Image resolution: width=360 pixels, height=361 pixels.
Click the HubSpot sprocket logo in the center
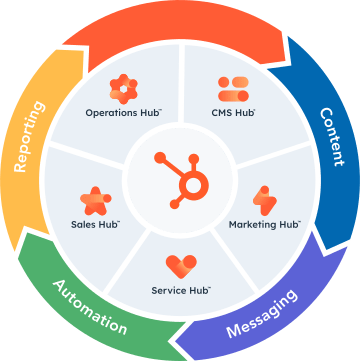pos(182,181)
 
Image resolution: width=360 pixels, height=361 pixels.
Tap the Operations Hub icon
pos(124,87)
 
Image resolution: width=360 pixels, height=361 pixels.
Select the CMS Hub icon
pos(234,89)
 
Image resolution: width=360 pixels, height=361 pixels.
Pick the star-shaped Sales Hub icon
pos(96,201)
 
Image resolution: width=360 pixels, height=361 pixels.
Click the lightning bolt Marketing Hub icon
pos(265,200)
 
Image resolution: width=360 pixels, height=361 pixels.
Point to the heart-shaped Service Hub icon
pos(181,267)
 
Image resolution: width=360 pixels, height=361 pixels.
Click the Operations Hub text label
pos(124,113)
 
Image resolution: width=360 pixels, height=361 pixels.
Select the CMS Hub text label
pos(233,113)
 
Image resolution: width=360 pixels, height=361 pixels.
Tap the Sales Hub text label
pos(95,224)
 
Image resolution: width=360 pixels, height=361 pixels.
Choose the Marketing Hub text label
pos(265,224)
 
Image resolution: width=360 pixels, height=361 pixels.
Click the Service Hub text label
pos(181,290)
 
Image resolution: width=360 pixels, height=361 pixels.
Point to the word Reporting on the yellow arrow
pos(30,137)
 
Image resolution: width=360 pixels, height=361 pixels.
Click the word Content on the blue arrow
pos(331,137)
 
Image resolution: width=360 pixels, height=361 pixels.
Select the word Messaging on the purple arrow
pos(261,313)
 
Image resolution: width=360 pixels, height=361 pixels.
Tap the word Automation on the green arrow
pos(90,307)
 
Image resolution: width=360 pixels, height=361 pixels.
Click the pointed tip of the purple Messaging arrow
pos(176,341)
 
